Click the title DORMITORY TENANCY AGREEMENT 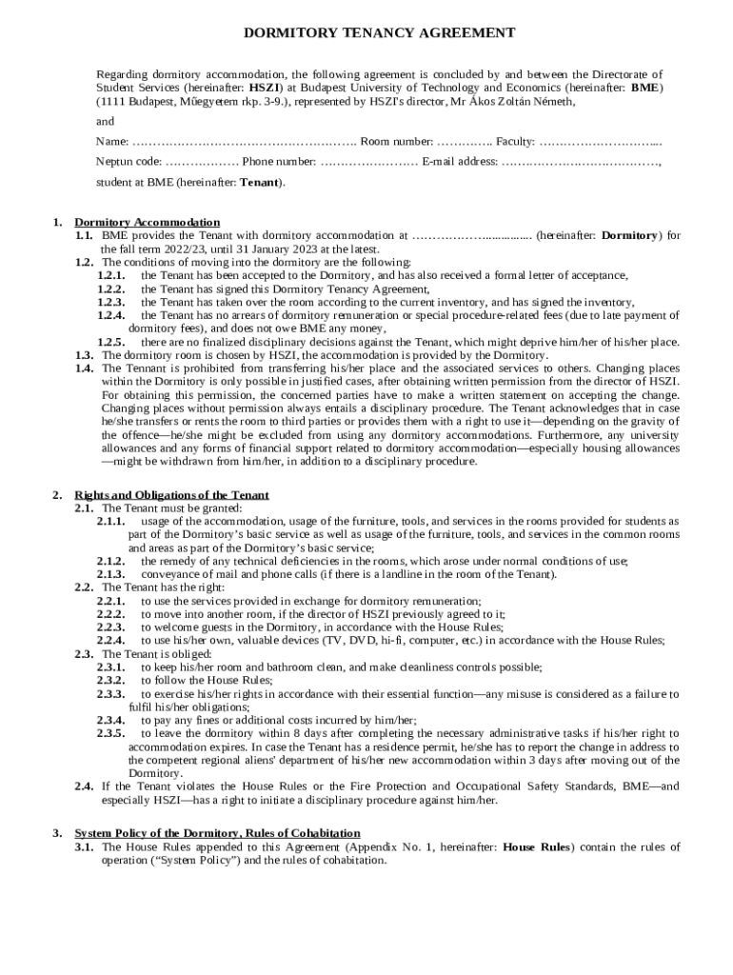tap(380, 32)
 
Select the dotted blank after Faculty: tap(600, 142)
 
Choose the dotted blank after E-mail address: tap(581, 162)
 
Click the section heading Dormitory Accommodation tap(147, 222)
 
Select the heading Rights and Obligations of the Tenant tap(171, 494)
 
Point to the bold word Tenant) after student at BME tap(261, 181)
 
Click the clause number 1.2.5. tap(111, 341)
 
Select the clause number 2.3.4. tap(111, 720)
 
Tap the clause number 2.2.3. tap(111, 627)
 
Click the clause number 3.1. tap(84, 846)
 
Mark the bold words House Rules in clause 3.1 tap(536, 846)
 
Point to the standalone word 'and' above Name tap(105, 122)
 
